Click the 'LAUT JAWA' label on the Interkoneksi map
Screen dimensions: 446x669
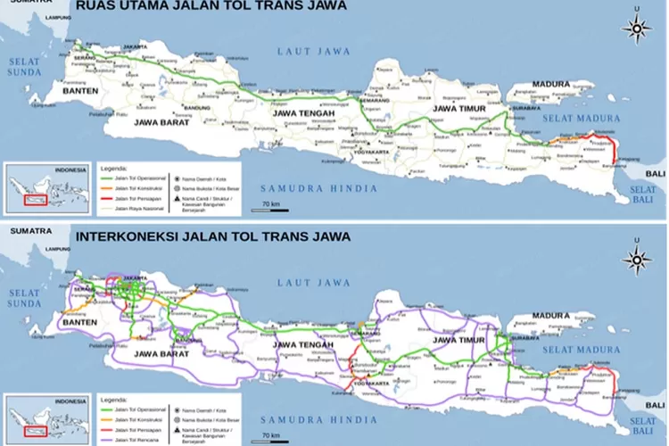point(313,282)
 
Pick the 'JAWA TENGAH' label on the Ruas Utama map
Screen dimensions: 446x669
point(302,113)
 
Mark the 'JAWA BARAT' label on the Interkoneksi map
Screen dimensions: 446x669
point(163,353)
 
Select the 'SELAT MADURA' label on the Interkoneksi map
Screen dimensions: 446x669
point(587,347)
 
